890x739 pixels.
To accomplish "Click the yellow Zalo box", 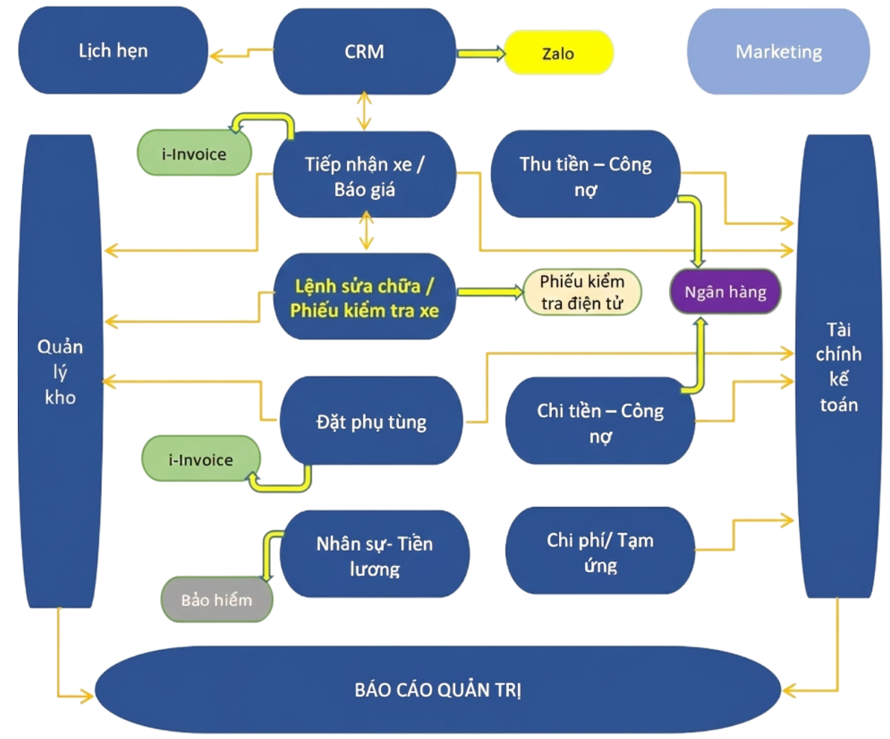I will click(x=558, y=53).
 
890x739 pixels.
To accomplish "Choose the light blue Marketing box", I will click(x=778, y=52).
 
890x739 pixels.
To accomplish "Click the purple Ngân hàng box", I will click(x=725, y=292).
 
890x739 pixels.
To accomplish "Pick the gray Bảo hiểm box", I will click(x=216, y=600).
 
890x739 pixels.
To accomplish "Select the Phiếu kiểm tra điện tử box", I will click(x=582, y=292).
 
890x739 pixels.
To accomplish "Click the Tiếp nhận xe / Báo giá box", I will click(x=364, y=176).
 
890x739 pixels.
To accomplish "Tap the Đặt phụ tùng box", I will click(x=371, y=422).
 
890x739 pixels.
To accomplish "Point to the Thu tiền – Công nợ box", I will click(x=585, y=176).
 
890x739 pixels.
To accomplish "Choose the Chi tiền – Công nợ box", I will click(x=600, y=422).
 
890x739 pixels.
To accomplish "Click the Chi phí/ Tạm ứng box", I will click(x=600, y=552).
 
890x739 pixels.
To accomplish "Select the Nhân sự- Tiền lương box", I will click(x=374, y=555).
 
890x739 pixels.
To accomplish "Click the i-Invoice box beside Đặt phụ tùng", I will click(x=200, y=460).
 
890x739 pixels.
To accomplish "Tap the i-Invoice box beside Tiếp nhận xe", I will click(x=194, y=154).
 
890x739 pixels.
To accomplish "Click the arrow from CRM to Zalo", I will click(x=480, y=53).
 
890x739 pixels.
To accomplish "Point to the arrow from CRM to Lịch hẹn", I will click(x=240, y=53).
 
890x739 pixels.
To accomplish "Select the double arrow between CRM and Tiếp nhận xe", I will click(x=365, y=112).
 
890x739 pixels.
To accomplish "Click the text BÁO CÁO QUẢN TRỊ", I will click(x=438, y=689).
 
